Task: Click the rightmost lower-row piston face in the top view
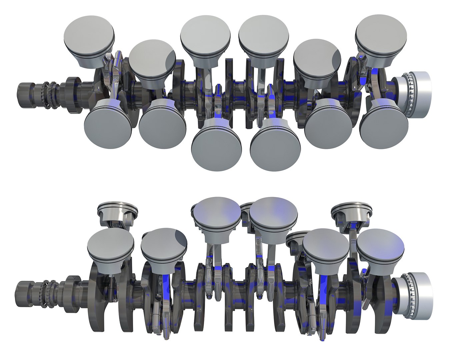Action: point(384,123)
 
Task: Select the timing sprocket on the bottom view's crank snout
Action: point(47,293)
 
